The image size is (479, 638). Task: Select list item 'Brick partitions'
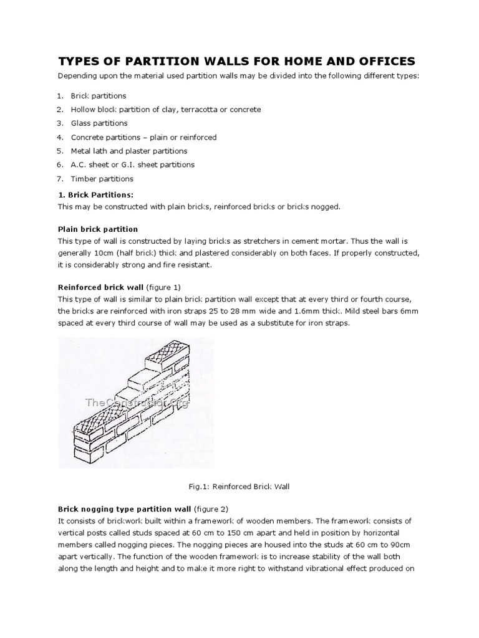click(99, 96)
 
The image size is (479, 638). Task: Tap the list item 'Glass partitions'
click(99, 123)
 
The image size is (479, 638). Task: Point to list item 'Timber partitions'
click(102, 178)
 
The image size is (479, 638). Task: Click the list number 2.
click(60, 110)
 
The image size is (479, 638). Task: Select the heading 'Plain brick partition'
click(98, 229)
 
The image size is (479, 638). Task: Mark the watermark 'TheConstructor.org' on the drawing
click(137, 402)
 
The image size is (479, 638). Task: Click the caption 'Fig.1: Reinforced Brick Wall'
click(239, 487)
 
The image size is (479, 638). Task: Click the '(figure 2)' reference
click(213, 509)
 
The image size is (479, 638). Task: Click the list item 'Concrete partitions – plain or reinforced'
click(143, 137)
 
